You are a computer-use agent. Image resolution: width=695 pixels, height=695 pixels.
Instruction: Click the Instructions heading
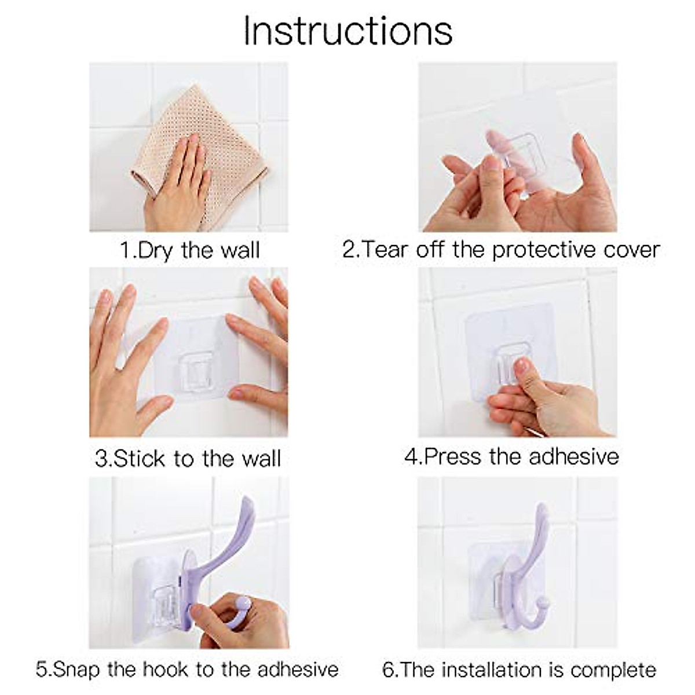(x=348, y=30)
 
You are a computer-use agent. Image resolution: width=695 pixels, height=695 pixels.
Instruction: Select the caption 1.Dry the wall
(x=189, y=250)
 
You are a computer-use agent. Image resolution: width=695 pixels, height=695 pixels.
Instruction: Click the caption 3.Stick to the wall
(x=188, y=459)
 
